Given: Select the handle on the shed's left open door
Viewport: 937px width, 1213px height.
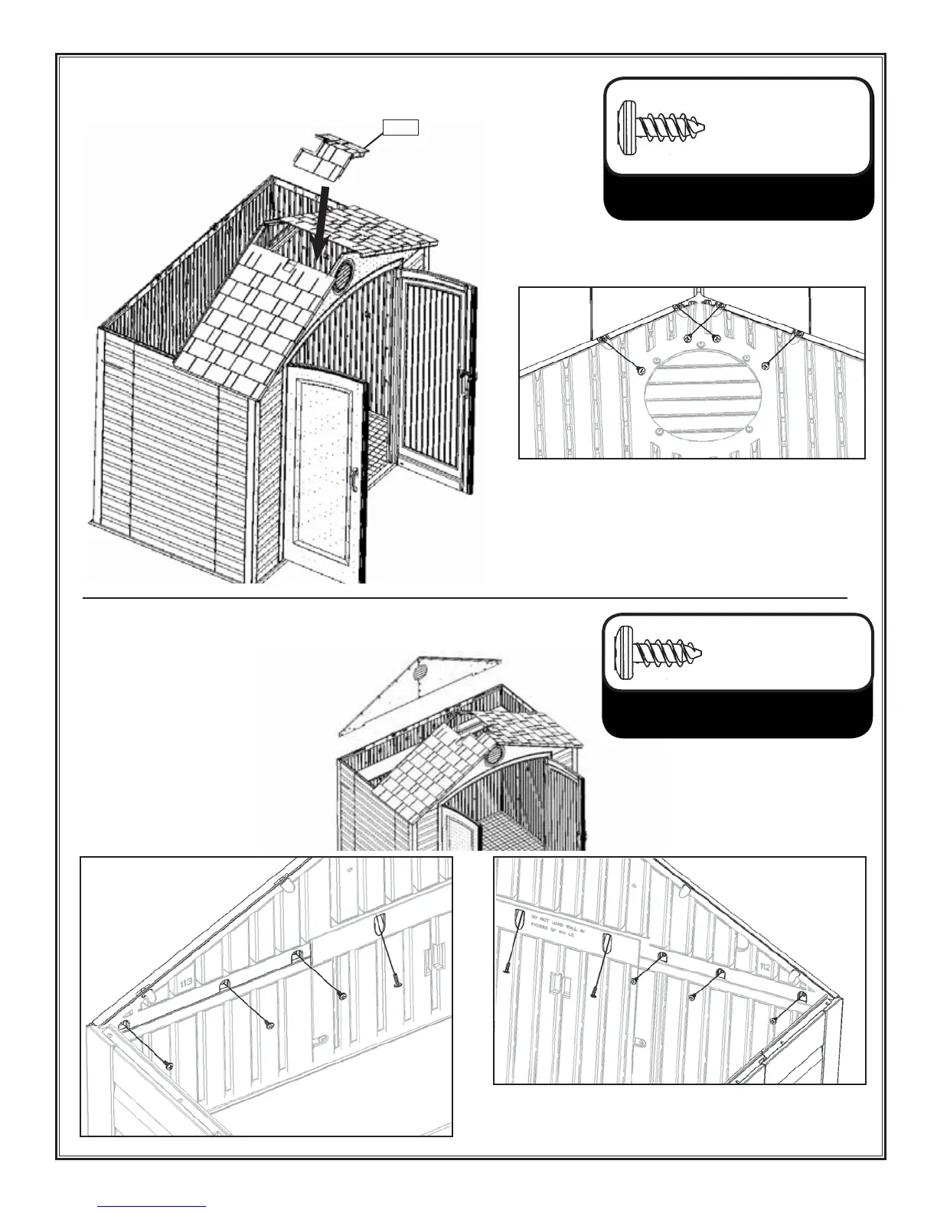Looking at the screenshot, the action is coord(353,482).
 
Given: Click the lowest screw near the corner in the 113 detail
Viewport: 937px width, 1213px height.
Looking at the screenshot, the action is coord(168,1066).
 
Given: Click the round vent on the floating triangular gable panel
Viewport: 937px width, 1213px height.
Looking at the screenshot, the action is coord(420,672).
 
